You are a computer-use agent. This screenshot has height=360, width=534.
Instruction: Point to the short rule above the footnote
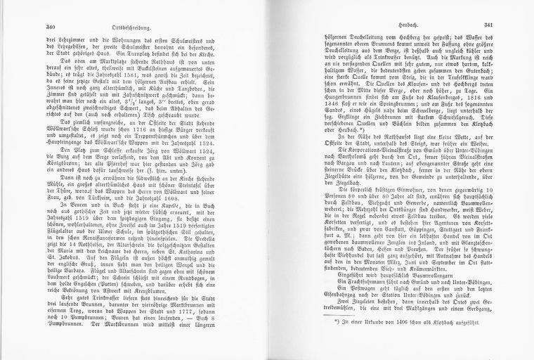click(310, 335)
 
